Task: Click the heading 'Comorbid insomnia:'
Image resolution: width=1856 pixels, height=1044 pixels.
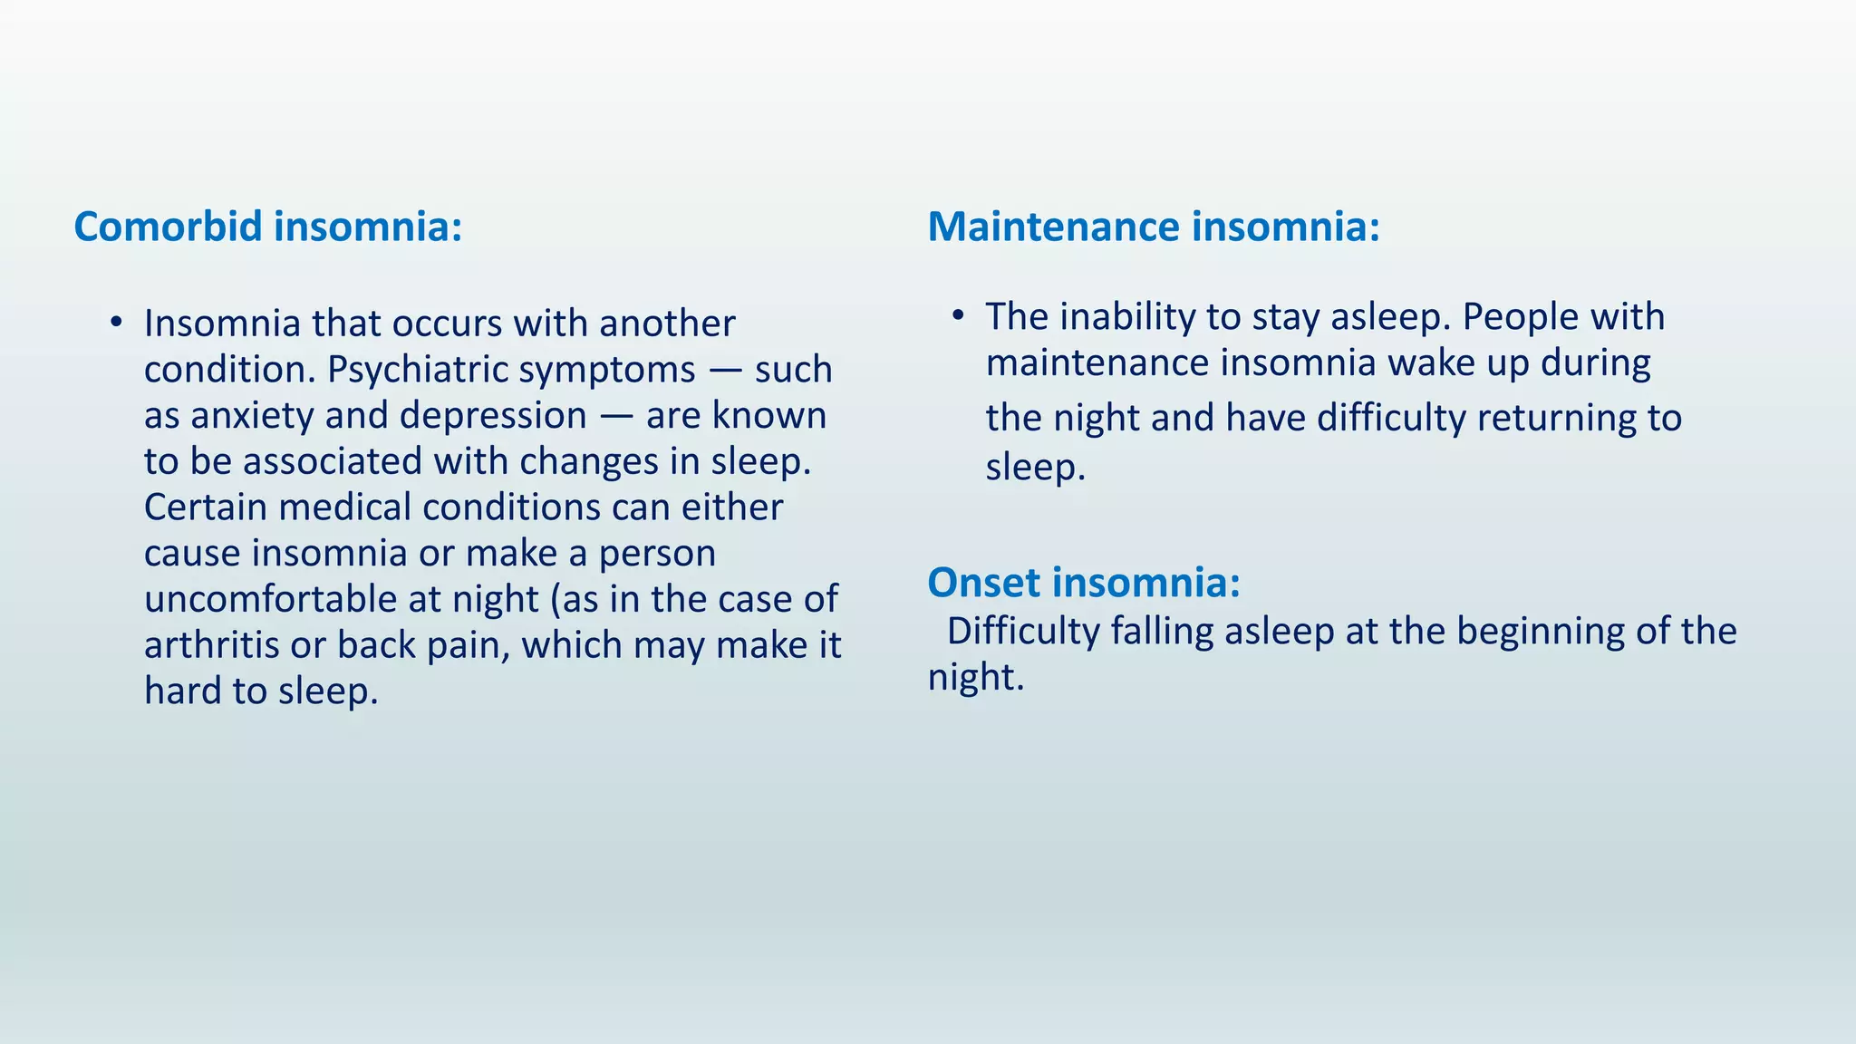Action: pyautogui.click(x=267, y=227)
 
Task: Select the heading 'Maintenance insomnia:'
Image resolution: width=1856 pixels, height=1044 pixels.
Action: pyautogui.click(x=1153, y=227)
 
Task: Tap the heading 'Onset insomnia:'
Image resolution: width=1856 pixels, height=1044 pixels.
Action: pyautogui.click(x=1083, y=582)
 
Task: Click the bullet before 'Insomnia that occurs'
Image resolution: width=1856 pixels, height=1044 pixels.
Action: pyautogui.click(x=115, y=323)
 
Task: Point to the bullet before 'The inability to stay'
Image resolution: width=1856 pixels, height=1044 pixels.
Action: pyautogui.click(x=958, y=315)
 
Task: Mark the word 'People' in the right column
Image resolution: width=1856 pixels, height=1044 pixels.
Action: pyautogui.click(x=1513, y=317)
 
